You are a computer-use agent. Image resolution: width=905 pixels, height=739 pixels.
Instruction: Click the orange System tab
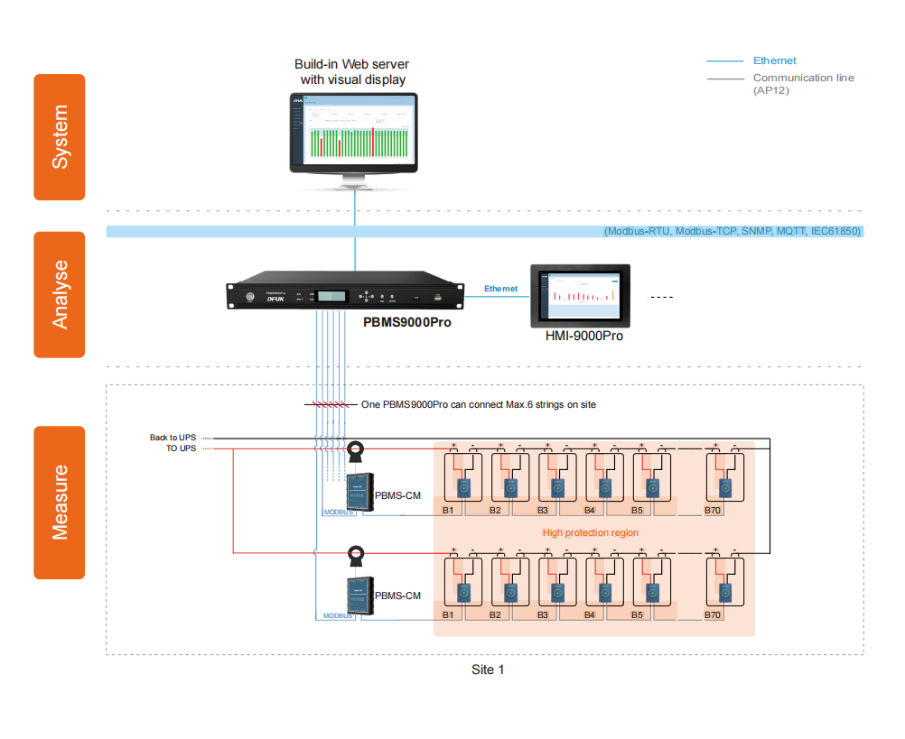(x=60, y=137)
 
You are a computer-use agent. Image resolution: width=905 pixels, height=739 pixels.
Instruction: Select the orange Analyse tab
(x=60, y=295)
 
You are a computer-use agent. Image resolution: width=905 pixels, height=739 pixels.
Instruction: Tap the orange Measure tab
(x=60, y=503)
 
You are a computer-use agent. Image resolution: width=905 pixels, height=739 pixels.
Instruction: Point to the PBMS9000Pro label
(x=407, y=322)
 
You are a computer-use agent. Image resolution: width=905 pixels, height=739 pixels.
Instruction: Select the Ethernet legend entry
(x=774, y=60)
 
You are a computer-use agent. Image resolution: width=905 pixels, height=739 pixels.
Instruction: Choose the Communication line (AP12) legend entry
(x=803, y=84)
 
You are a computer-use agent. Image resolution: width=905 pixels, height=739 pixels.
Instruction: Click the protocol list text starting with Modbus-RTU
(x=732, y=232)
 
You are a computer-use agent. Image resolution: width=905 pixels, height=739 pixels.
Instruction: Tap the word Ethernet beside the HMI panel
(x=500, y=289)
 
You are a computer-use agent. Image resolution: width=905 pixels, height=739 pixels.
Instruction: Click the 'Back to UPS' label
(x=173, y=438)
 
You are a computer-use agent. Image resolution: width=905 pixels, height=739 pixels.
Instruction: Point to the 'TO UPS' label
(x=181, y=448)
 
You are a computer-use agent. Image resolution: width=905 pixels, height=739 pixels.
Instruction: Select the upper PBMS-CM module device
(x=359, y=492)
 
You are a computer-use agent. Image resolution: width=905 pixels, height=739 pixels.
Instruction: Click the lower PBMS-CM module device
(x=359, y=596)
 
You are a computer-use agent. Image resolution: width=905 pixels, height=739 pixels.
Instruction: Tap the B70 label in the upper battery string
(x=713, y=511)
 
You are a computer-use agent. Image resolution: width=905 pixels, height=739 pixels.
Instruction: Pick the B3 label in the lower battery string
(x=543, y=614)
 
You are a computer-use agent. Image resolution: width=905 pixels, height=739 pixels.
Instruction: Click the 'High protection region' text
(x=590, y=533)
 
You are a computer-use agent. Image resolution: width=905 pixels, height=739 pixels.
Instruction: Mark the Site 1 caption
(x=488, y=670)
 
